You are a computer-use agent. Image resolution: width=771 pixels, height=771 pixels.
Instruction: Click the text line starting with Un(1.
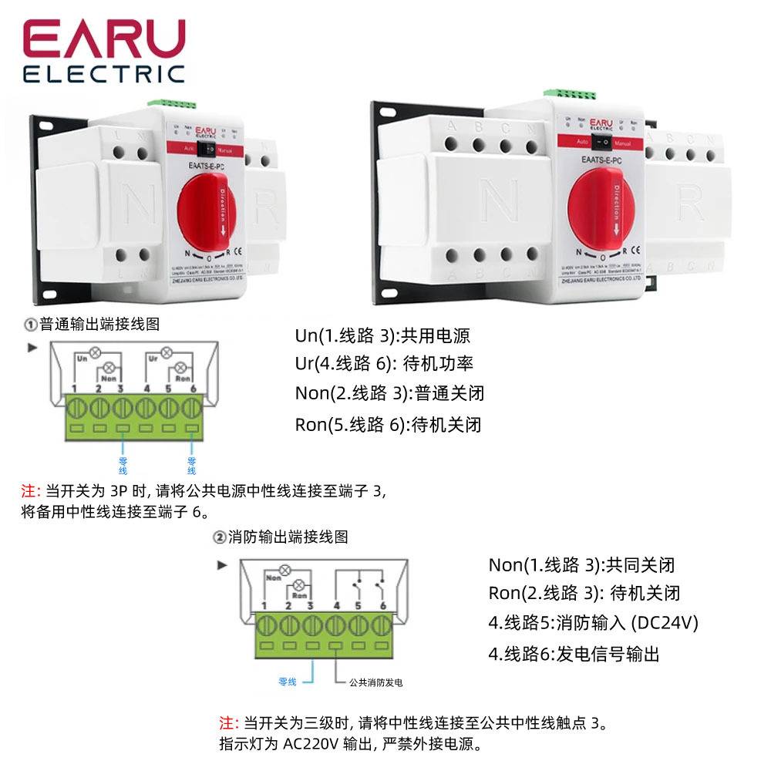(x=382, y=336)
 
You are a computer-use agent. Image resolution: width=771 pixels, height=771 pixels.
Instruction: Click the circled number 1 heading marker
(x=30, y=325)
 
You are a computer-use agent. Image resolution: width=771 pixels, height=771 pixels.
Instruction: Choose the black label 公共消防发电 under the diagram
(x=375, y=682)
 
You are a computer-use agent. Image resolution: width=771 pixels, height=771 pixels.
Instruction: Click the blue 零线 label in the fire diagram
(x=288, y=682)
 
